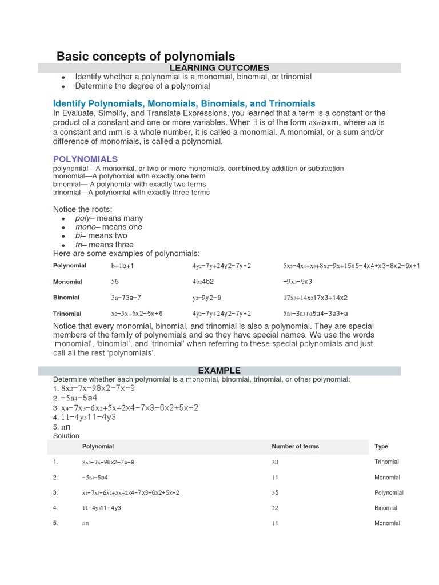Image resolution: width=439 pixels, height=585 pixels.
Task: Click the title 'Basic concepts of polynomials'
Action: (x=145, y=56)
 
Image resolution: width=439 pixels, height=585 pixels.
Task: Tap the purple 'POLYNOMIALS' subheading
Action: (x=85, y=159)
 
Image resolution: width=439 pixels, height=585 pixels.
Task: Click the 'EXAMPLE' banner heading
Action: (x=219, y=371)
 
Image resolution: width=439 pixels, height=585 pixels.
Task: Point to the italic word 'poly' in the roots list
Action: (x=83, y=218)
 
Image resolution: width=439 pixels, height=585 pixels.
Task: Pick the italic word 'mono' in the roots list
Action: (x=85, y=227)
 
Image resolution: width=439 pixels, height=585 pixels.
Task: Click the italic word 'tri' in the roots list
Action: (x=79, y=245)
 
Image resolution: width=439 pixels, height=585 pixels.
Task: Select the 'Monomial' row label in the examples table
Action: (x=67, y=282)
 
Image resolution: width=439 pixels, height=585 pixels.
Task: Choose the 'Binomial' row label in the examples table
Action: (x=66, y=298)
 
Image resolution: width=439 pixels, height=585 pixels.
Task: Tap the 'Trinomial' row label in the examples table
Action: (x=67, y=314)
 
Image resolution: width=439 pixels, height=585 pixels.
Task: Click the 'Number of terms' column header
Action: (x=295, y=447)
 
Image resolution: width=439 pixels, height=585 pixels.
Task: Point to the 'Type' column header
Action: (x=381, y=447)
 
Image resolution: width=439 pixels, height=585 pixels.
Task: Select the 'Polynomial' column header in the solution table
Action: (x=98, y=447)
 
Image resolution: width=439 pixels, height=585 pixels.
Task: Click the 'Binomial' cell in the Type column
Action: (x=386, y=508)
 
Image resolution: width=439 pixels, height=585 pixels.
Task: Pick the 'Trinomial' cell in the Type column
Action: (x=386, y=462)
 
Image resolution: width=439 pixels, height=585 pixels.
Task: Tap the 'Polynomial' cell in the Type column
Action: (x=389, y=492)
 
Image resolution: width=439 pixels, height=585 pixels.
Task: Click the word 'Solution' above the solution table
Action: (x=66, y=436)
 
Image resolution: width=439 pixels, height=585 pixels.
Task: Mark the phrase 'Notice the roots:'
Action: (x=83, y=209)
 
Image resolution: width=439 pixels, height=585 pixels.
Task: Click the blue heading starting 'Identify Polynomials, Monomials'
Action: (x=184, y=103)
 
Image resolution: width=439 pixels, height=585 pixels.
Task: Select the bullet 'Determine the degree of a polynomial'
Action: (x=143, y=86)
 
